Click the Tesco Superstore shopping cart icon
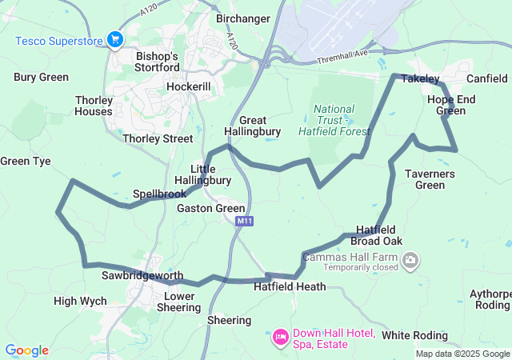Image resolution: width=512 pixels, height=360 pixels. point(115,39)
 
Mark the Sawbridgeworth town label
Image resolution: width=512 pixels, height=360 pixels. point(142,275)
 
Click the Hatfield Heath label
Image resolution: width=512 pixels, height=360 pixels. point(290,286)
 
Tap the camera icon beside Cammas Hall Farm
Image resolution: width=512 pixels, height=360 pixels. point(410,259)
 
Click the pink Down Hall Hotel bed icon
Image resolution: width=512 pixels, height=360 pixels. point(280,337)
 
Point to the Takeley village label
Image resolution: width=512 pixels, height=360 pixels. point(420,78)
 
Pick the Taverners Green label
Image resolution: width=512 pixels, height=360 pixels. point(435,179)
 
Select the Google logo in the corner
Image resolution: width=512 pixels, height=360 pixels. point(26,350)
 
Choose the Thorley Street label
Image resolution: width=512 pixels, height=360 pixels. point(158,138)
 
